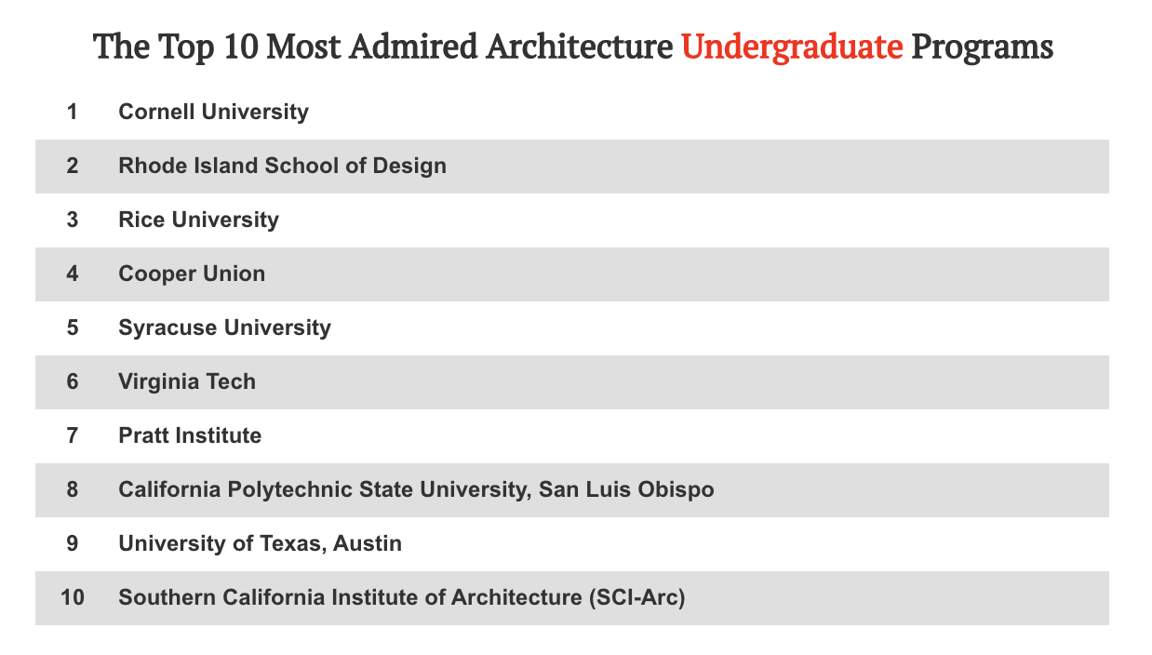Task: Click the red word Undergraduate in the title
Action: click(x=792, y=47)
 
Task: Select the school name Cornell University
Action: click(x=213, y=113)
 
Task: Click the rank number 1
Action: click(x=72, y=113)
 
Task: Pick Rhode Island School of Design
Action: click(x=282, y=167)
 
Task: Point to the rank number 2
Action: click(x=72, y=167)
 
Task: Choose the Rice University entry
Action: click(x=198, y=221)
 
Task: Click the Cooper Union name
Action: click(x=192, y=274)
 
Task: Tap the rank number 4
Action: click(x=72, y=274)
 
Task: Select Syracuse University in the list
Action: click(x=224, y=328)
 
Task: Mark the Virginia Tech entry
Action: click(x=187, y=382)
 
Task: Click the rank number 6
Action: click(x=72, y=382)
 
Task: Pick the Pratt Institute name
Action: click(x=190, y=436)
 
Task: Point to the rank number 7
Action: click(x=72, y=436)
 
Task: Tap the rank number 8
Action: click(x=72, y=490)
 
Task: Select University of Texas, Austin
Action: click(x=260, y=544)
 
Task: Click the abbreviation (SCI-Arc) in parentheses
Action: click(x=637, y=598)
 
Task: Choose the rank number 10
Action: click(x=72, y=598)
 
